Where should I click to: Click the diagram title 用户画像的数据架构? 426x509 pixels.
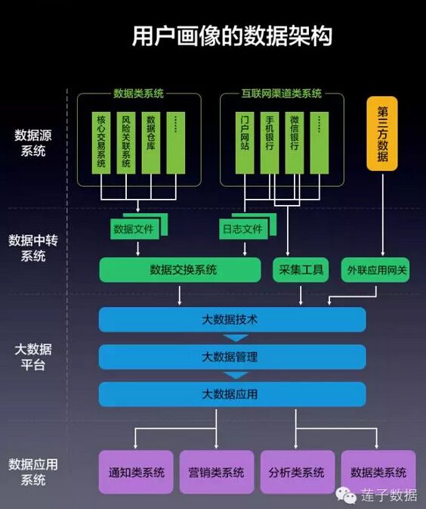point(232,36)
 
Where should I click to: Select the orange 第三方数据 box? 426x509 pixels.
point(382,133)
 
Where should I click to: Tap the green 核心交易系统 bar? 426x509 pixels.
point(101,143)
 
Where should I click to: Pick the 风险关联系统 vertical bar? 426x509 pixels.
point(126,143)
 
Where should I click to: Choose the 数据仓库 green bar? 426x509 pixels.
point(151,143)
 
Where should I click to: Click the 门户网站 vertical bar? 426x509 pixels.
point(245,143)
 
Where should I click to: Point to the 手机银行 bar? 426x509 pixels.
point(270,143)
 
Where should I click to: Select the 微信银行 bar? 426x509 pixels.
point(295,143)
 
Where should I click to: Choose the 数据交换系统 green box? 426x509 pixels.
point(181,270)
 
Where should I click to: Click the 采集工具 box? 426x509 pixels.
point(301,270)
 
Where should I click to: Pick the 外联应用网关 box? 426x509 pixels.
point(375,270)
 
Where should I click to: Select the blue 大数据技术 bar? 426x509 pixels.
point(233,320)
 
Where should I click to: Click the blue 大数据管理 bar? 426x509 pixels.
point(233,357)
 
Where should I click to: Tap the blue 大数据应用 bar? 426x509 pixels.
point(233,394)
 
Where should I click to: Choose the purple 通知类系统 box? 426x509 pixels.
point(136,472)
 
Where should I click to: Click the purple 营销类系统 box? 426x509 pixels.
point(217,472)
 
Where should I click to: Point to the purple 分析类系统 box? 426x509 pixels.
point(298,472)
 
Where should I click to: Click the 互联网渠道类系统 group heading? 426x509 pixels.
point(281,94)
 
